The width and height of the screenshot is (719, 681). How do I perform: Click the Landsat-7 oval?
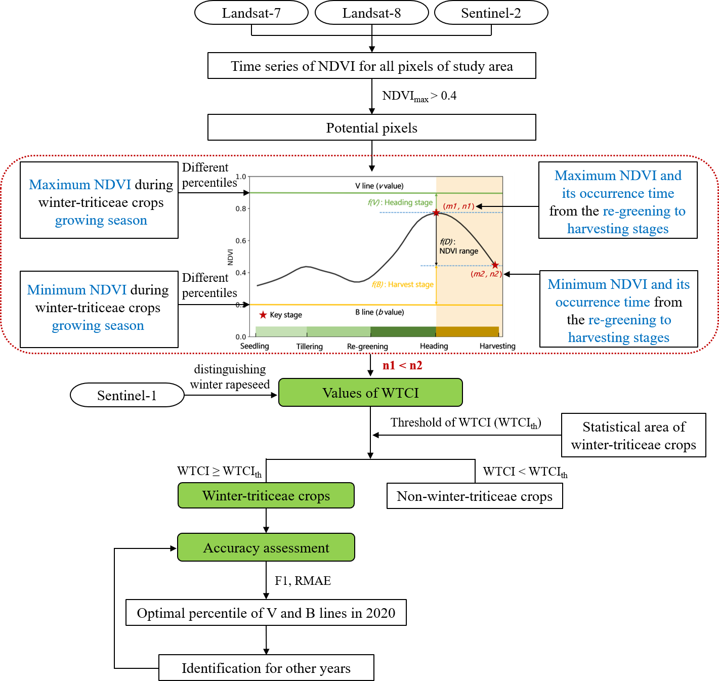point(251,13)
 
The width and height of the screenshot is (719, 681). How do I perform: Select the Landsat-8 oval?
point(371,13)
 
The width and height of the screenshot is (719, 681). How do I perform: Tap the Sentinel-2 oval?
point(491,13)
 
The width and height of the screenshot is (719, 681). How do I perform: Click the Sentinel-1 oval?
point(127,395)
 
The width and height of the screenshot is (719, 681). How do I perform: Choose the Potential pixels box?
point(371,127)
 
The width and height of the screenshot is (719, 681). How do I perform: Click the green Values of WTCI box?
point(370,393)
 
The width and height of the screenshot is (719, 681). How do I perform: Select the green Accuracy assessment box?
point(266,547)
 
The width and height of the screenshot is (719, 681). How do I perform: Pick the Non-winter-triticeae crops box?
point(475,496)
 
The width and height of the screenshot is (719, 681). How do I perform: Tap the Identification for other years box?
point(266,668)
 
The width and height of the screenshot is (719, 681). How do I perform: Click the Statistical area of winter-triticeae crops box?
point(633,435)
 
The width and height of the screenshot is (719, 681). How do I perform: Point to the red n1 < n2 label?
point(402,365)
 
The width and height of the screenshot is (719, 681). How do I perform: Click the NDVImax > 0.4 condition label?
point(419,96)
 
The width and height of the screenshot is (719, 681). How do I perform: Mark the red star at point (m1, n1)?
point(436,213)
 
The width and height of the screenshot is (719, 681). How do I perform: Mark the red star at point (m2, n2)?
point(495,265)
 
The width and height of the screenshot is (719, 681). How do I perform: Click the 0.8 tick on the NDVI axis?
point(241,208)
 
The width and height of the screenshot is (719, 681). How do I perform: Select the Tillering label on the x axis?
point(309,347)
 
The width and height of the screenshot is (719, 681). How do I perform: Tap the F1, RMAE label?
point(303,581)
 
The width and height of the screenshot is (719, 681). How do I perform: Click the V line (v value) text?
point(379,186)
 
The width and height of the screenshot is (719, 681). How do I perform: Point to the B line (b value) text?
point(379,312)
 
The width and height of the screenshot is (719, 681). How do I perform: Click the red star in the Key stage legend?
point(263,315)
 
